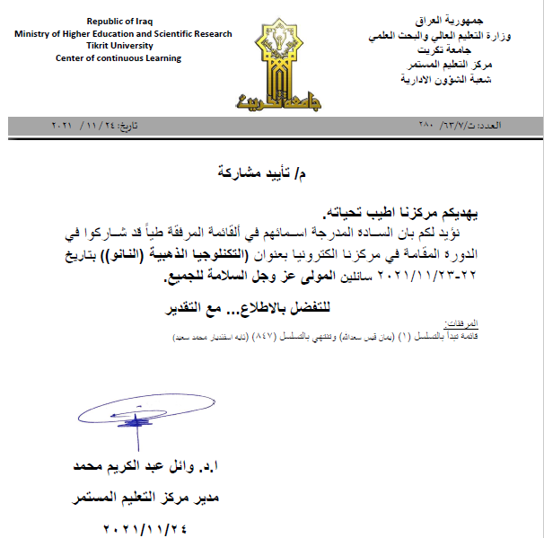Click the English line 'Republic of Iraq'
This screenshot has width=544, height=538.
124,21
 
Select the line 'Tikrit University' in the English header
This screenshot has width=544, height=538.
122,46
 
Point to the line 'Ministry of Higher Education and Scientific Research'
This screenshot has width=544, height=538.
123,33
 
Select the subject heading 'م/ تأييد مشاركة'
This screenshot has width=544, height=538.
271,171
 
